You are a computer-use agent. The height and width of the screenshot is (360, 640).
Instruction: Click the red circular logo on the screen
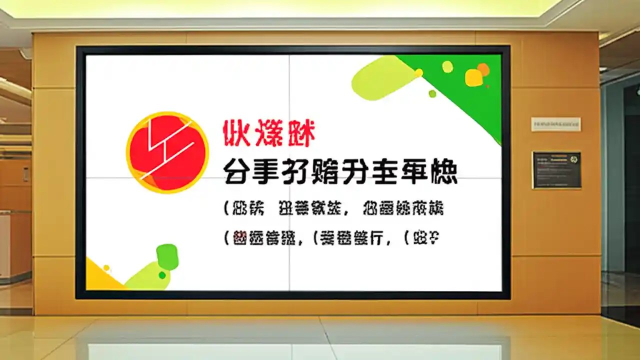167,152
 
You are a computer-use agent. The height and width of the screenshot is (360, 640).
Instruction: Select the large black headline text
340,172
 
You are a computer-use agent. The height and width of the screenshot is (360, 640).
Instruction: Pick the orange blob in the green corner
483,69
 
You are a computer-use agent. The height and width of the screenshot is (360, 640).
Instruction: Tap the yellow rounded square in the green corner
473,77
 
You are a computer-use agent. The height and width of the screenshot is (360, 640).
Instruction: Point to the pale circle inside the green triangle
447,66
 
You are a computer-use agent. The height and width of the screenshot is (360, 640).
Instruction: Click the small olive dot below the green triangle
432,93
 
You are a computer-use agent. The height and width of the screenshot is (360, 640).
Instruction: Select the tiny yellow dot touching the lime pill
418,73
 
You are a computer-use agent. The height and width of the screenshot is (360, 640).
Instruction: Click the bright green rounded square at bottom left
167,257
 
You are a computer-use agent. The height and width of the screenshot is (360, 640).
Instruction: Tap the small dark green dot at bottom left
162,275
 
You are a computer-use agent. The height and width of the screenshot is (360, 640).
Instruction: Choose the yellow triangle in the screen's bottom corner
100,277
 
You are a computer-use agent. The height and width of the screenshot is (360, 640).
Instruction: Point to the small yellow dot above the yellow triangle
106,268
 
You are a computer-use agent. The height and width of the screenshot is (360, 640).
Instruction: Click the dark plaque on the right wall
556,170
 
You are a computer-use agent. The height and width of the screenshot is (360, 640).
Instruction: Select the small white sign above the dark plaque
555,124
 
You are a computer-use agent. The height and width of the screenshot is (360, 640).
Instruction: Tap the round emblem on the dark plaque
573,158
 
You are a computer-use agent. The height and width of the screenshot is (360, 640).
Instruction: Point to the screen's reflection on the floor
295,347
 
